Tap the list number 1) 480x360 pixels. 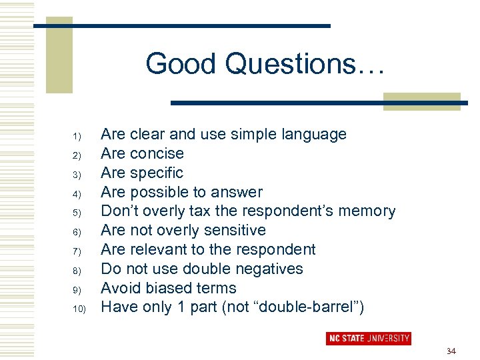pos(77,137)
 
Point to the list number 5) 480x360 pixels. pos(77,213)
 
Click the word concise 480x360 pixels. pos(157,154)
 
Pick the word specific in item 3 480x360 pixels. pos(157,173)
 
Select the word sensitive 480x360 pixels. pos(234,231)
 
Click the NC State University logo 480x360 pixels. pos(368,338)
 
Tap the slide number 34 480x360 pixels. pos(451,351)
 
